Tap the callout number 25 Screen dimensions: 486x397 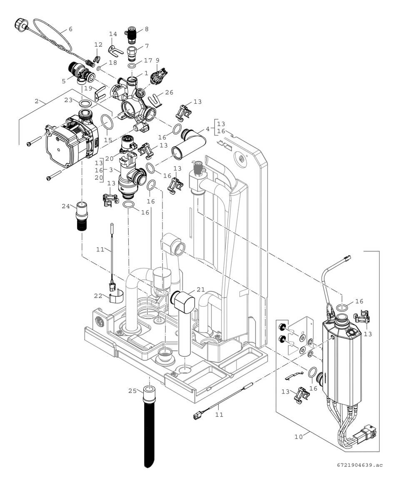[132, 391]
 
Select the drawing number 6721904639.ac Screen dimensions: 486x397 [360, 465]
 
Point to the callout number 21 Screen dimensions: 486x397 [201, 290]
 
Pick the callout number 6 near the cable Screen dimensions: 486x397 [70, 30]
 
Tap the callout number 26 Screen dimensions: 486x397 [169, 93]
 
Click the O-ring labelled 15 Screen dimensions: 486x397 [107, 123]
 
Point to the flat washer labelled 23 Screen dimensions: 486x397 [85, 103]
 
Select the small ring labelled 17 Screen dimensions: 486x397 [132, 66]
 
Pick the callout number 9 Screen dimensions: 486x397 [158, 60]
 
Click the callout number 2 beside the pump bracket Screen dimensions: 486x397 [37, 101]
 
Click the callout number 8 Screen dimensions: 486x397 [146, 29]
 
